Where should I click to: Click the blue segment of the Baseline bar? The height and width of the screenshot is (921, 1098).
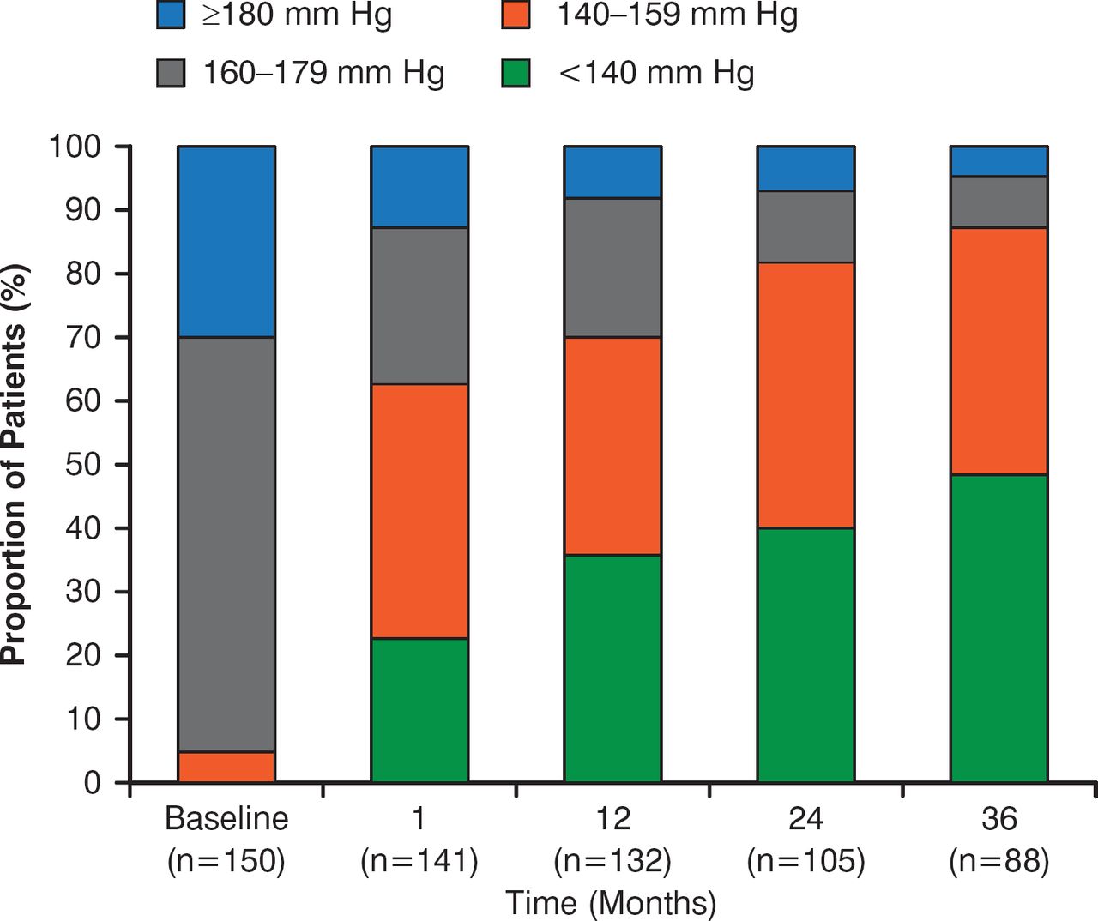(226, 241)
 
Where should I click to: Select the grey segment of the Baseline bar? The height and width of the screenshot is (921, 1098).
(226, 545)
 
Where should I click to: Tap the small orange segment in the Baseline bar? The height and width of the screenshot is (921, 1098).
(226, 767)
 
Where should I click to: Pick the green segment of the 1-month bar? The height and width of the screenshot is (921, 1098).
(419, 710)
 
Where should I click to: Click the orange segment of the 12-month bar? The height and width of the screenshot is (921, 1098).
(612, 446)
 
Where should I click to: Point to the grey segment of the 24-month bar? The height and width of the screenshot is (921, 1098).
(805, 226)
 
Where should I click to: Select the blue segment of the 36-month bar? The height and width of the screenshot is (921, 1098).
(998, 161)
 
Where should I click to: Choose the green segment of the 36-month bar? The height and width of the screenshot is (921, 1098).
(998, 628)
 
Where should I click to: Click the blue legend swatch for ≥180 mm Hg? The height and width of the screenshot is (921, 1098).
(172, 15)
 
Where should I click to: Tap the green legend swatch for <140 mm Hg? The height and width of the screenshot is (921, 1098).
(516, 73)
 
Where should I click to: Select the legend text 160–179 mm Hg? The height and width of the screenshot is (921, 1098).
(323, 73)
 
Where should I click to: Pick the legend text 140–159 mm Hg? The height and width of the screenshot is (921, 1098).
(677, 15)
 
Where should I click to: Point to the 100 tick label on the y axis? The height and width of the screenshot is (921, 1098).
(75, 147)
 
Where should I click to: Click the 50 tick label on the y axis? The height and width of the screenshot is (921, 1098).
(83, 464)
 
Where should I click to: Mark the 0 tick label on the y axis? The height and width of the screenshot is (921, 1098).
(93, 782)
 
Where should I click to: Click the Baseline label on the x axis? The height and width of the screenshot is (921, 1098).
(226, 818)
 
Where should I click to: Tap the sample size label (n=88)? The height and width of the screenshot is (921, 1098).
(998, 860)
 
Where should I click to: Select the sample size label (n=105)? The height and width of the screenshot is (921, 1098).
(805, 860)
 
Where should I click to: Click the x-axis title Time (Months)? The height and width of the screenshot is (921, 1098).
(610, 902)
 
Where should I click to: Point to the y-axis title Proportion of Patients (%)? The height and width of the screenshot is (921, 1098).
(15, 464)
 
